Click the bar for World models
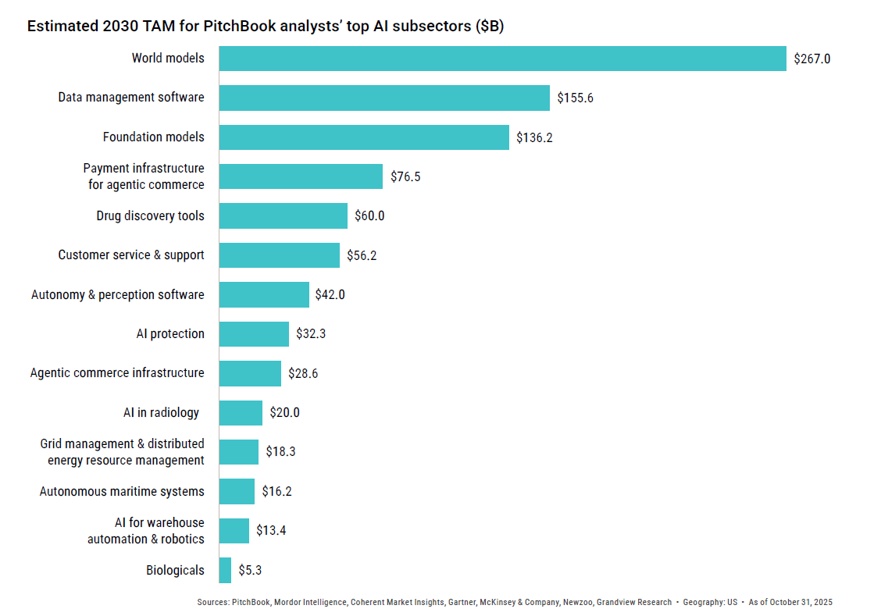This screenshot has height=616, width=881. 502,59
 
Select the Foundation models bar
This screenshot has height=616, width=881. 364,137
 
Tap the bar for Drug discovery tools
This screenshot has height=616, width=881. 283,216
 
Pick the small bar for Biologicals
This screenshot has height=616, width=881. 225,570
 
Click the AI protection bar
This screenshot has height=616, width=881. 254,334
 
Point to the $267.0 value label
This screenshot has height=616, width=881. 811,59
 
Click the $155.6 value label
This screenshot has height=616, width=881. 575,98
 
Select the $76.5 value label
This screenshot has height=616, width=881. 405,176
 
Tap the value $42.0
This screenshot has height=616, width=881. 330,295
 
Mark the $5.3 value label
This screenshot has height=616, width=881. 250,570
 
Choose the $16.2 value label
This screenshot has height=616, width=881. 276,492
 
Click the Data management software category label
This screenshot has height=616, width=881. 131,98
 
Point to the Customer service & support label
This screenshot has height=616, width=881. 131,255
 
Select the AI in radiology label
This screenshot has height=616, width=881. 161,413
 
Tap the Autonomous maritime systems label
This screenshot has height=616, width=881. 122,492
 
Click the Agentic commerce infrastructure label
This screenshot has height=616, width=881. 117,373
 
